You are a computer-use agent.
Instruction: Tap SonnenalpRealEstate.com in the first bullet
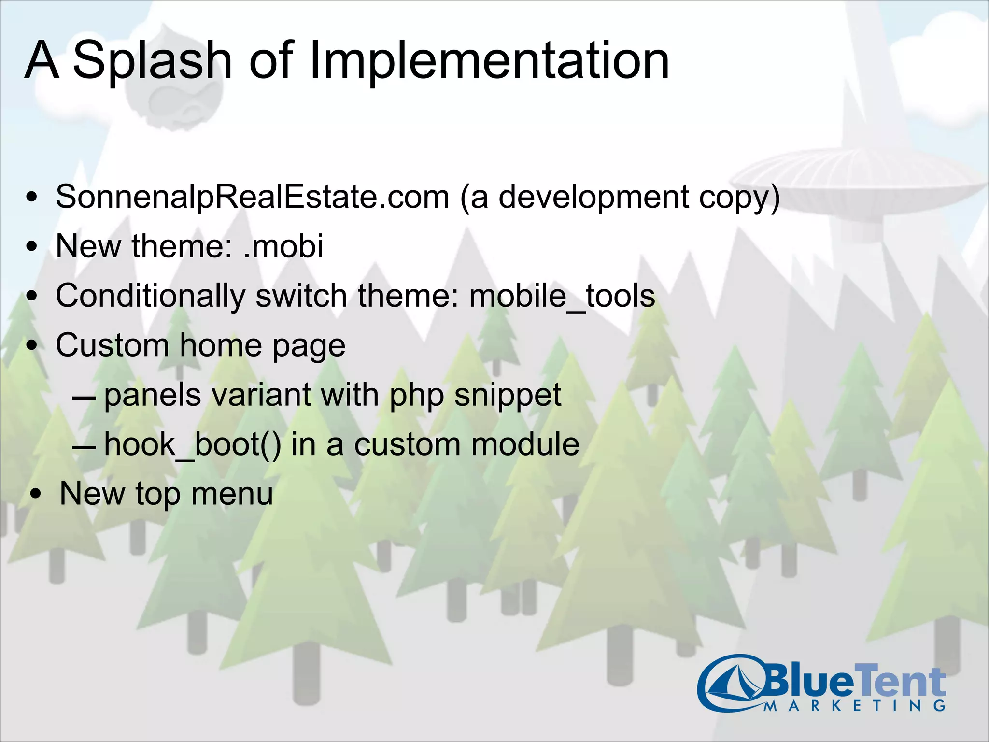click(x=252, y=197)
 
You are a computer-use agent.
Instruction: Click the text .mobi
click(x=283, y=246)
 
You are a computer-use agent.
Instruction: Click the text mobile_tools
click(x=562, y=296)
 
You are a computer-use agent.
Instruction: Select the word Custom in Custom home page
click(x=112, y=345)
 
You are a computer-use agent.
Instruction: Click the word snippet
click(x=508, y=395)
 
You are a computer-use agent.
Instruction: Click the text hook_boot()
click(x=192, y=444)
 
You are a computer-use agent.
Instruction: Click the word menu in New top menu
click(x=232, y=494)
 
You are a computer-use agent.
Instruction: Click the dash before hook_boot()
click(x=84, y=447)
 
